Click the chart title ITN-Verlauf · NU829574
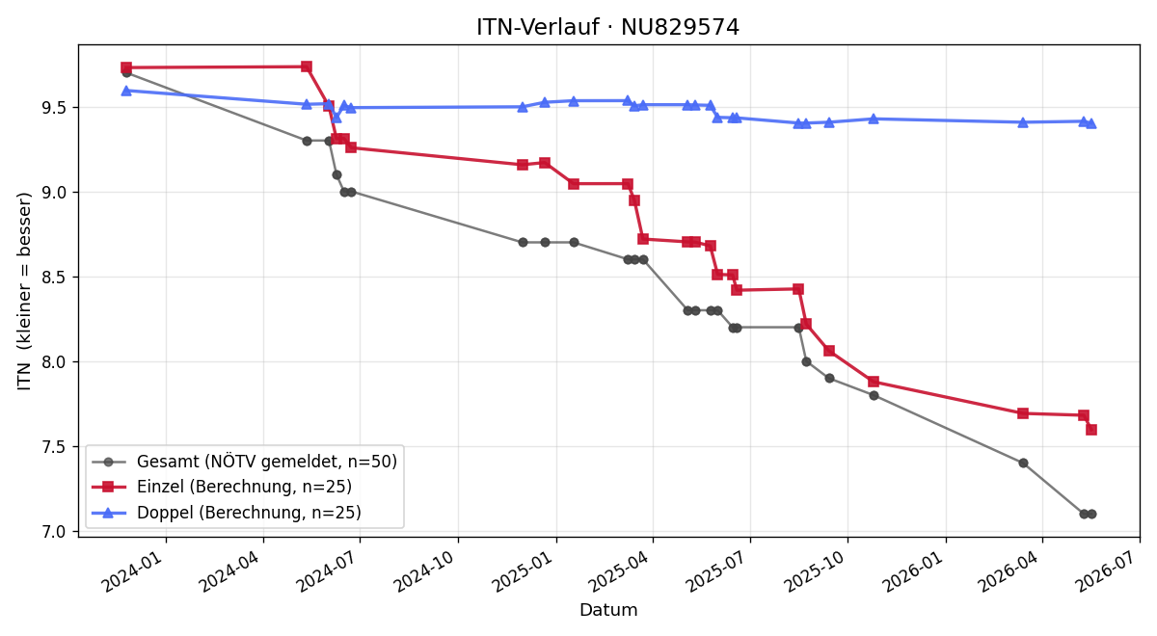pos(608,27)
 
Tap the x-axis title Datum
pos(608,610)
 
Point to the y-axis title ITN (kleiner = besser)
pos(24,291)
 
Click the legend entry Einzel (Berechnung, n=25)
pos(222,487)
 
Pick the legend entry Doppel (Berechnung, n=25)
pos(227,513)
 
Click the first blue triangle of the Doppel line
pos(126,91)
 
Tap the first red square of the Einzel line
pos(126,67)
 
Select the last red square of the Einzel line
pos(1091,430)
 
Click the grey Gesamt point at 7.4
pos(1023,464)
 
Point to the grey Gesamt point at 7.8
pos(874,395)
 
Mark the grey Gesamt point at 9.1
pos(336,175)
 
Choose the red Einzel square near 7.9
pos(874,382)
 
